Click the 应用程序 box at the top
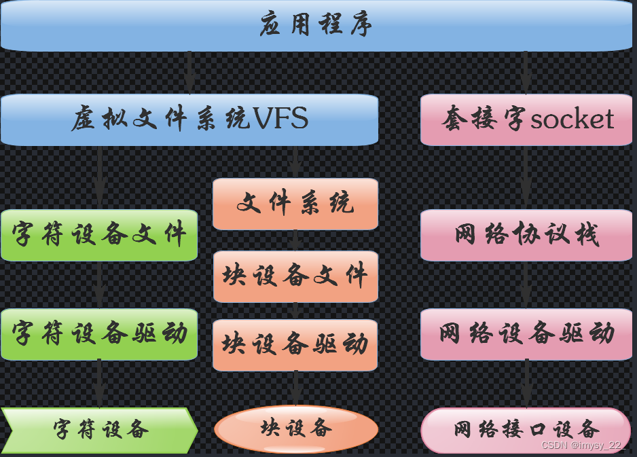click(x=317, y=26)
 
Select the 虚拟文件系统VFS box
click(x=189, y=120)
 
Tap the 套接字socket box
click(x=526, y=120)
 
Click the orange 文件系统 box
click(x=295, y=204)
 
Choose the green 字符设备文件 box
click(x=99, y=235)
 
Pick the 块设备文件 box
click(x=295, y=276)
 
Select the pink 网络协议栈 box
click(x=526, y=235)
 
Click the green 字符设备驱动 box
click(x=99, y=334)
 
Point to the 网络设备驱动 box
click(x=526, y=334)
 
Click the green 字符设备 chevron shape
click(x=99, y=430)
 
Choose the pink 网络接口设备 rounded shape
click(x=526, y=430)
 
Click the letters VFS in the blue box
click(x=280, y=120)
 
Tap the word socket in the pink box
click(x=572, y=120)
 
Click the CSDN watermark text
click(x=582, y=445)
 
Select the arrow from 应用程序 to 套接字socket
click(x=526, y=72)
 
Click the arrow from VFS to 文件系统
click(x=295, y=162)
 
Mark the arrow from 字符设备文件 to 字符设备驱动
click(x=99, y=285)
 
